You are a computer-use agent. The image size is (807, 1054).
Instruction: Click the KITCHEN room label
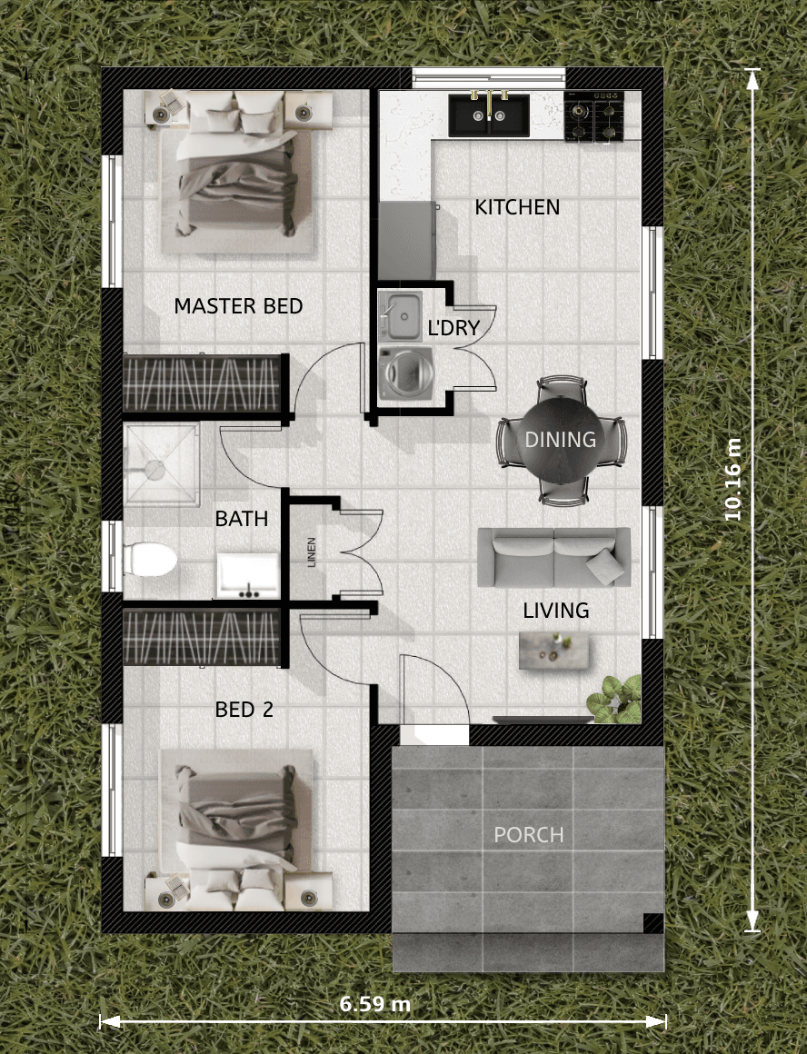pyautogui.click(x=517, y=207)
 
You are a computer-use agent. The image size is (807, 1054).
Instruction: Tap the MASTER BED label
pyautogui.click(x=239, y=306)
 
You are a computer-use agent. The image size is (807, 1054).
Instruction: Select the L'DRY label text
pyautogui.click(x=454, y=327)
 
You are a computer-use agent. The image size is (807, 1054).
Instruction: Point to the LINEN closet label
pyautogui.click(x=312, y=552)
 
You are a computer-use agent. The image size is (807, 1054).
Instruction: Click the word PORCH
pyautogui.click(x=529, y=835)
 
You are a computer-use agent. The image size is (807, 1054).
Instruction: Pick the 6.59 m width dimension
pyautogui.click(x=374, y=1004)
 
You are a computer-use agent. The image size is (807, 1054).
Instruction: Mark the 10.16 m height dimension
pyautogui.click(x=733, y=479)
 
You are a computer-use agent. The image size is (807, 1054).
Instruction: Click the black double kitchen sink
pyautogui.click(x=489, y=115)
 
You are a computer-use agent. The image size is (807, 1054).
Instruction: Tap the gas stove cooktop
pyautogui.click(x=593, y=116)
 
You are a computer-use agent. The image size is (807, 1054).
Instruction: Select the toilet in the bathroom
pyautogui.click(x=149, y=560)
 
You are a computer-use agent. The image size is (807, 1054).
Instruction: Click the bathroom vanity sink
pyautogui.click(x=247, y=575)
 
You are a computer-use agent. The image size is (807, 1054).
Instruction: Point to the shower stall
pyautogui.click(x=162, y=463)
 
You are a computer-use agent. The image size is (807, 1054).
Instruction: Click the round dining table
pyautogui.click(x=561, y=441)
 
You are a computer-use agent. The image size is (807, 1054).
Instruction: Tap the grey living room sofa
pyautogui.click(x=554, y=557)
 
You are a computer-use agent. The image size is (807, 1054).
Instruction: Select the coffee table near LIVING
pyautogui.click(x=554, y=650)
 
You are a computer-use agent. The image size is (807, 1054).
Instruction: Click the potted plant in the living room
pyautogui.click(x=614, y=700)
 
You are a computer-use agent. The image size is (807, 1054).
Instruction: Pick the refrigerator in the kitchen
pyautogui.click(x=407, y=240)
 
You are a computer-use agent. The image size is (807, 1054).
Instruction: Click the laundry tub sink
pyautogui.click(x=400, y=316)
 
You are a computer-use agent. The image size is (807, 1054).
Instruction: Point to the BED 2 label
pyautogui.click(x=244, y=710)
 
